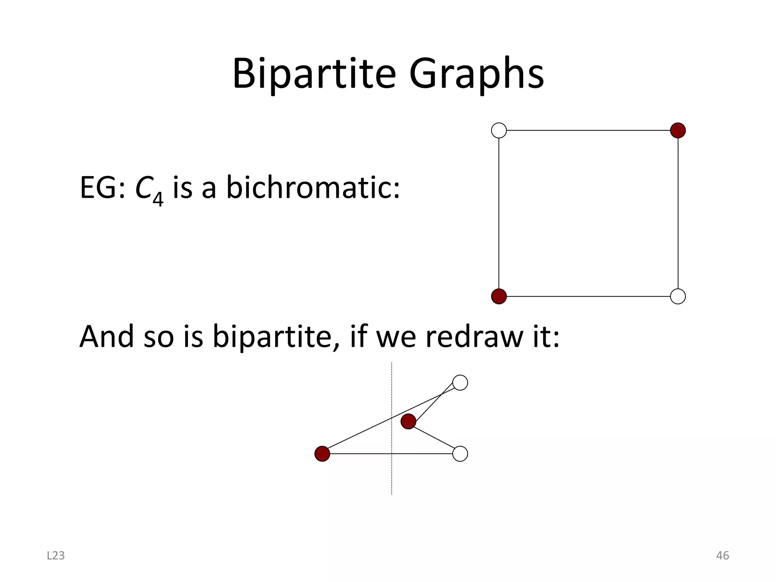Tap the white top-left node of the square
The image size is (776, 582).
[x=499, y=130]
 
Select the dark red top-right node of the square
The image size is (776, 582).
[x=678, y=130]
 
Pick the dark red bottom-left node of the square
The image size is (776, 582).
[x=499, y=296]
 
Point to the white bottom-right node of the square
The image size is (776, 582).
[x=678, y=296]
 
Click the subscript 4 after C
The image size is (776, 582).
[x=158, y=198]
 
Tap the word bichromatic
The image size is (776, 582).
[x=313, y=188]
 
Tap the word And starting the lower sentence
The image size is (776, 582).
[x=106, y=336]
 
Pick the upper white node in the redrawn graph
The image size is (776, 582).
[x=460, y=383]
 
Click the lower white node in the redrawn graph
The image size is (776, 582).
[x=460, y=454]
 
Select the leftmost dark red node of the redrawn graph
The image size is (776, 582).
[x=322, y=454]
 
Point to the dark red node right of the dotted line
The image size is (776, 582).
[x=408, y=421]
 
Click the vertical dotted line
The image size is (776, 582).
[x=391, y=477]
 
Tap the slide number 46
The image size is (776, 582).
[x=723, y=555]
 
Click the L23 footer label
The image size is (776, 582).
[x=56, y=555]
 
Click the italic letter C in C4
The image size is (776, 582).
[x=143, y=188]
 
